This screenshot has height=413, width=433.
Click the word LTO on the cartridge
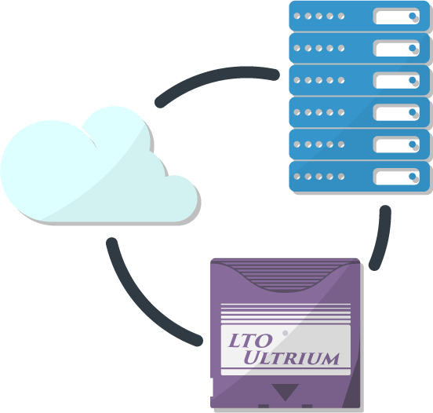point(250,341)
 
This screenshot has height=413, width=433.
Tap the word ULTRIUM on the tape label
point(291,358)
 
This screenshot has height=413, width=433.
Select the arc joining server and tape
point(383,238)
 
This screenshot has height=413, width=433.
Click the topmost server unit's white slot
point(397,16)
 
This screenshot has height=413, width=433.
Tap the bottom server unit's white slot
point(397,177)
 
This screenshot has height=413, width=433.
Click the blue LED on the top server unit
point(413,16)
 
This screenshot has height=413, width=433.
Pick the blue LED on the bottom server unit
point(413,176)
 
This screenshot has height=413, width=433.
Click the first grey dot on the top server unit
point(297,16)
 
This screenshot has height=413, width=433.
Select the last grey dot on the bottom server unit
point(341,177)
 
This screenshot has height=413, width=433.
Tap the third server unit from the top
point(359,80)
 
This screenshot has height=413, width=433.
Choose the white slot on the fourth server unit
point(397,112)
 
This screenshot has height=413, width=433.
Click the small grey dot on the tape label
point(286,333)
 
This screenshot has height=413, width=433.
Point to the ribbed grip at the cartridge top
point(286,276)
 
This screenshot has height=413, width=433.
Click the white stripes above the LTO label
point(286,313)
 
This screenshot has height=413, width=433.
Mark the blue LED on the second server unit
point(413,48)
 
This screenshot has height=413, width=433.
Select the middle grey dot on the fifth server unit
point(319,144)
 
